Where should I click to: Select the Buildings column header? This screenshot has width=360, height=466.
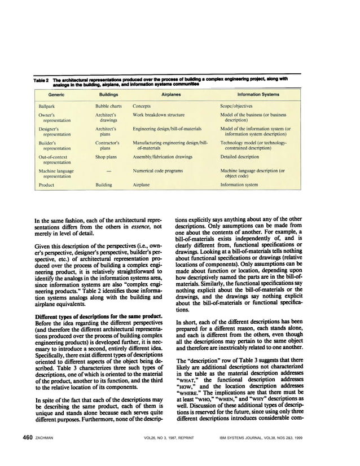tap(108, 96)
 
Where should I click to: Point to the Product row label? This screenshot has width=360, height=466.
tap(46, 184)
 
